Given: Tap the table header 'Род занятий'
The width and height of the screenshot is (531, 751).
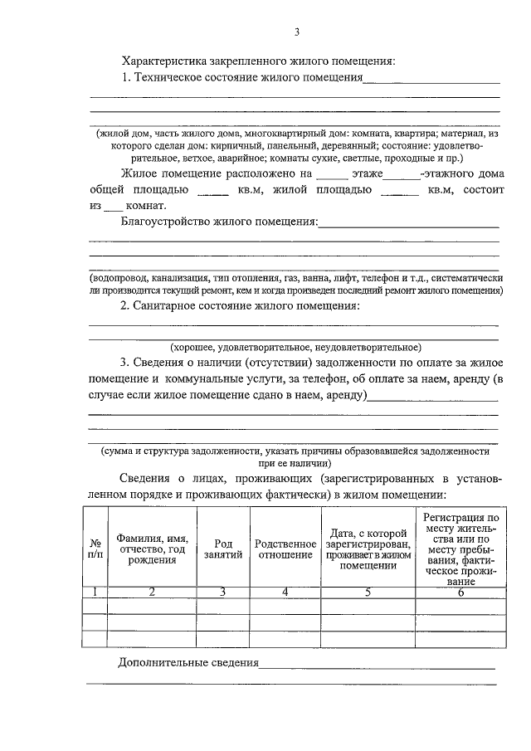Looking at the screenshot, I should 222,549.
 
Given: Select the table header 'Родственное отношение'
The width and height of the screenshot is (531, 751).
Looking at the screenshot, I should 284,549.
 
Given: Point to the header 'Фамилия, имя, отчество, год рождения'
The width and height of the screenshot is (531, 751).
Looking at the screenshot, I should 151,549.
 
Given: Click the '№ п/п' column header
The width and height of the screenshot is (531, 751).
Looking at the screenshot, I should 95,549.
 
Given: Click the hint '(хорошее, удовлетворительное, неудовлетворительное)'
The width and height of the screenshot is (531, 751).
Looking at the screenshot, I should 295,347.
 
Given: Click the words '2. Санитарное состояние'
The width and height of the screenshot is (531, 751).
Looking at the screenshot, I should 184,307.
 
